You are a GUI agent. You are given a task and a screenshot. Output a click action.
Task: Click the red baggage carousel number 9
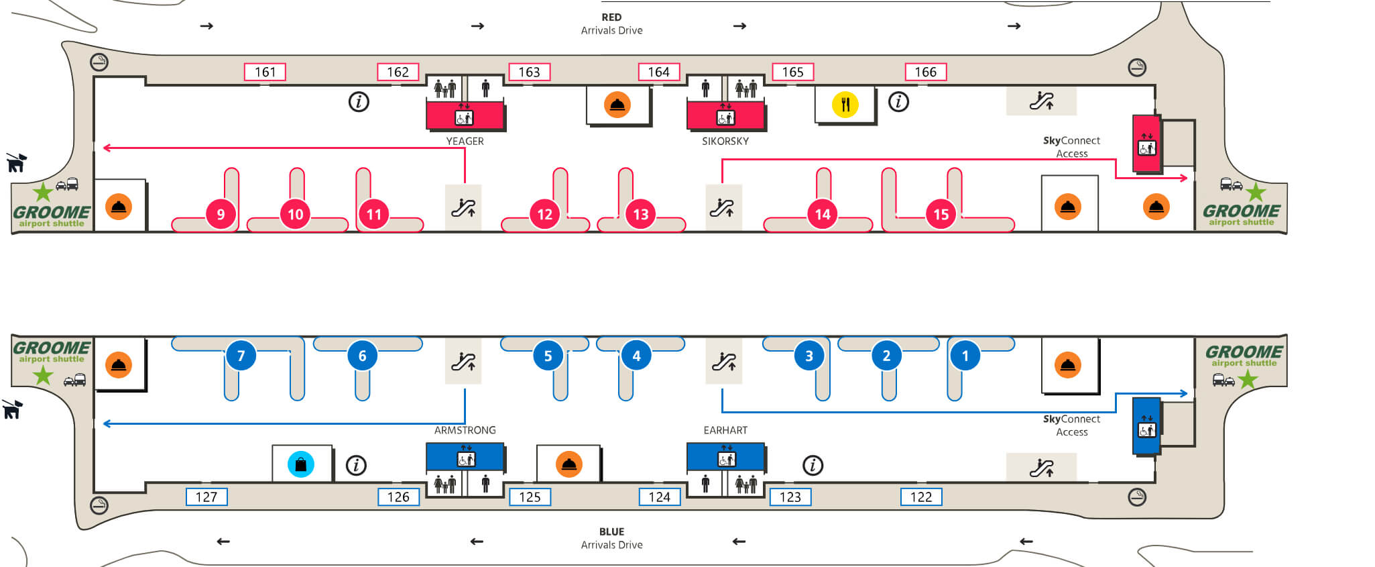(x=221, y=214)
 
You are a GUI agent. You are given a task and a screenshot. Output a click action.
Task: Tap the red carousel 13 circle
(x=641, y=214)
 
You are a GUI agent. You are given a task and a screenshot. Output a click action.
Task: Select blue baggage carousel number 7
(x=241, y=356)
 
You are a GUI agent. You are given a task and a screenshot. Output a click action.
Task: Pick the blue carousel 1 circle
(x=965, y=356)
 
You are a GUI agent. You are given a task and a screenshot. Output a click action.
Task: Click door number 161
(x=265, y=72)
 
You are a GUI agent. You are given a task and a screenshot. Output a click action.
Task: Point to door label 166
(x=926, y=72)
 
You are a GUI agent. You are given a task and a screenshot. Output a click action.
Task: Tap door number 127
(x=206, y=497)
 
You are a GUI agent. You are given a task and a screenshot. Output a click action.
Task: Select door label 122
(x=921, y=497)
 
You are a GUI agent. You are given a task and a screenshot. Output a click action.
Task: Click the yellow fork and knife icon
(x=845, y=105)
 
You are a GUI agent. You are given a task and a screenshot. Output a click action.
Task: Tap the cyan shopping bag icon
(x=301, y=464)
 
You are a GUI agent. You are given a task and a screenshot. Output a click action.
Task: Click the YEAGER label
(x=465, y=141)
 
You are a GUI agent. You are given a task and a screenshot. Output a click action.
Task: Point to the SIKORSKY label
(x=725, y=141)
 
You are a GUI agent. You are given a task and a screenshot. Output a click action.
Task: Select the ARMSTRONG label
(x=465, y=430)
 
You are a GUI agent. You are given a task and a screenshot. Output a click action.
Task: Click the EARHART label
(x=725, y=430)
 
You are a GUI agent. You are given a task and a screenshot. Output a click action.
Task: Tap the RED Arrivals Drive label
(x=611, y=23)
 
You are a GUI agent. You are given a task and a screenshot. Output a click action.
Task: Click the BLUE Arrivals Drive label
(x=611, y=538)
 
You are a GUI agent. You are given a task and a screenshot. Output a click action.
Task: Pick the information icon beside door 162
(x=359, y=102)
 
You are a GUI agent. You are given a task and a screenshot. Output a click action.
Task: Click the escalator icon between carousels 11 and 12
(x=463, y=207)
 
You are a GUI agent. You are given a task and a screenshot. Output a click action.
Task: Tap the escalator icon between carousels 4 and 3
(x=724, y=361)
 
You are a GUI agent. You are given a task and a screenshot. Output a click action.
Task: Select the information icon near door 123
(x=813, y=465)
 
